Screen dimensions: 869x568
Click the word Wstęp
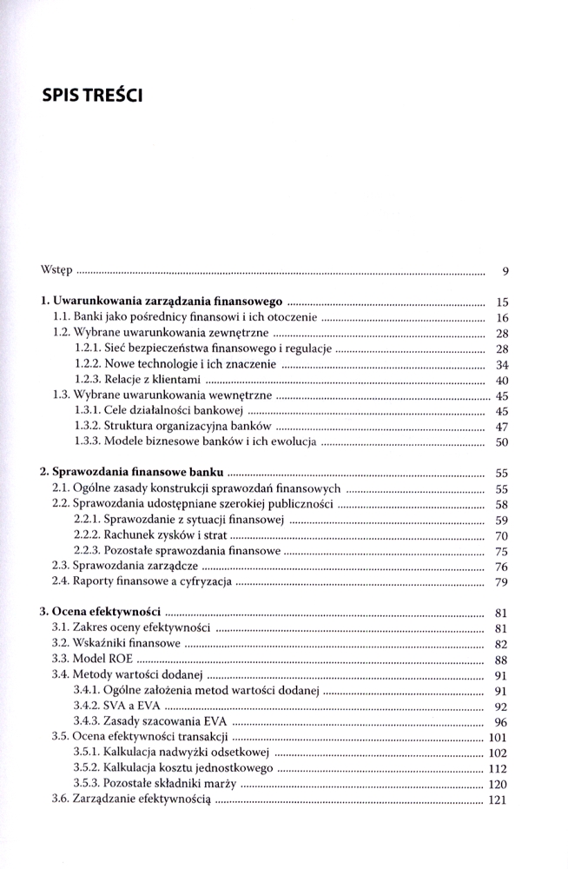click(57, 270)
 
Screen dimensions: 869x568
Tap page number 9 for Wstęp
click(505, 271)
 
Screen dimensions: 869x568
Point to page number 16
click(501, 318)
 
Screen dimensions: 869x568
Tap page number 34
click(501, 365)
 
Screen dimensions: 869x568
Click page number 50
click(501, 442)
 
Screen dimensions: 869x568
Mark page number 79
click(501, 582)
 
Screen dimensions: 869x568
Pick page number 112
click(498, 768)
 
